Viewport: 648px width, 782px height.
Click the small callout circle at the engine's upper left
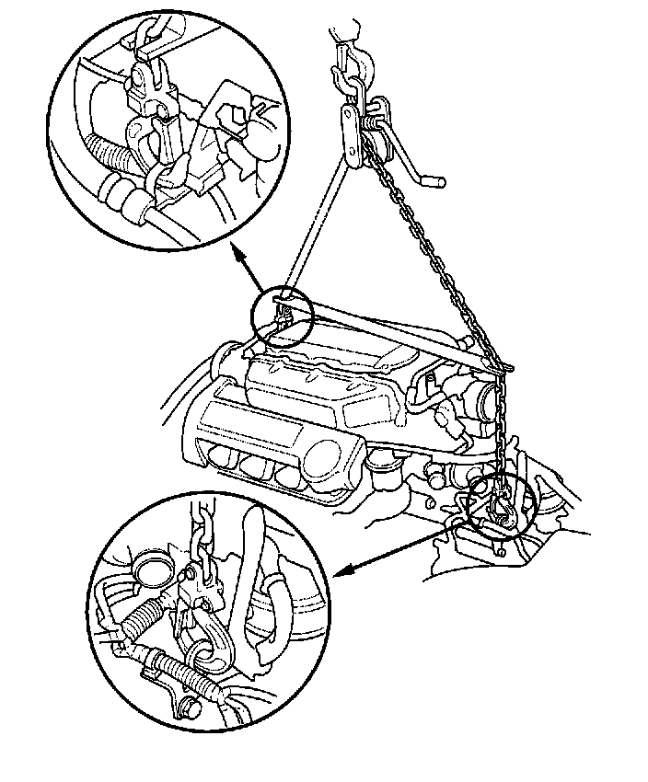282,317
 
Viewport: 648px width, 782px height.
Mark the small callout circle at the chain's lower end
501,509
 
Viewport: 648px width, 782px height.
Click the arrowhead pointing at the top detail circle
235,251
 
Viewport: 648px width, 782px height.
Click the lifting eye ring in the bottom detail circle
211,654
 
